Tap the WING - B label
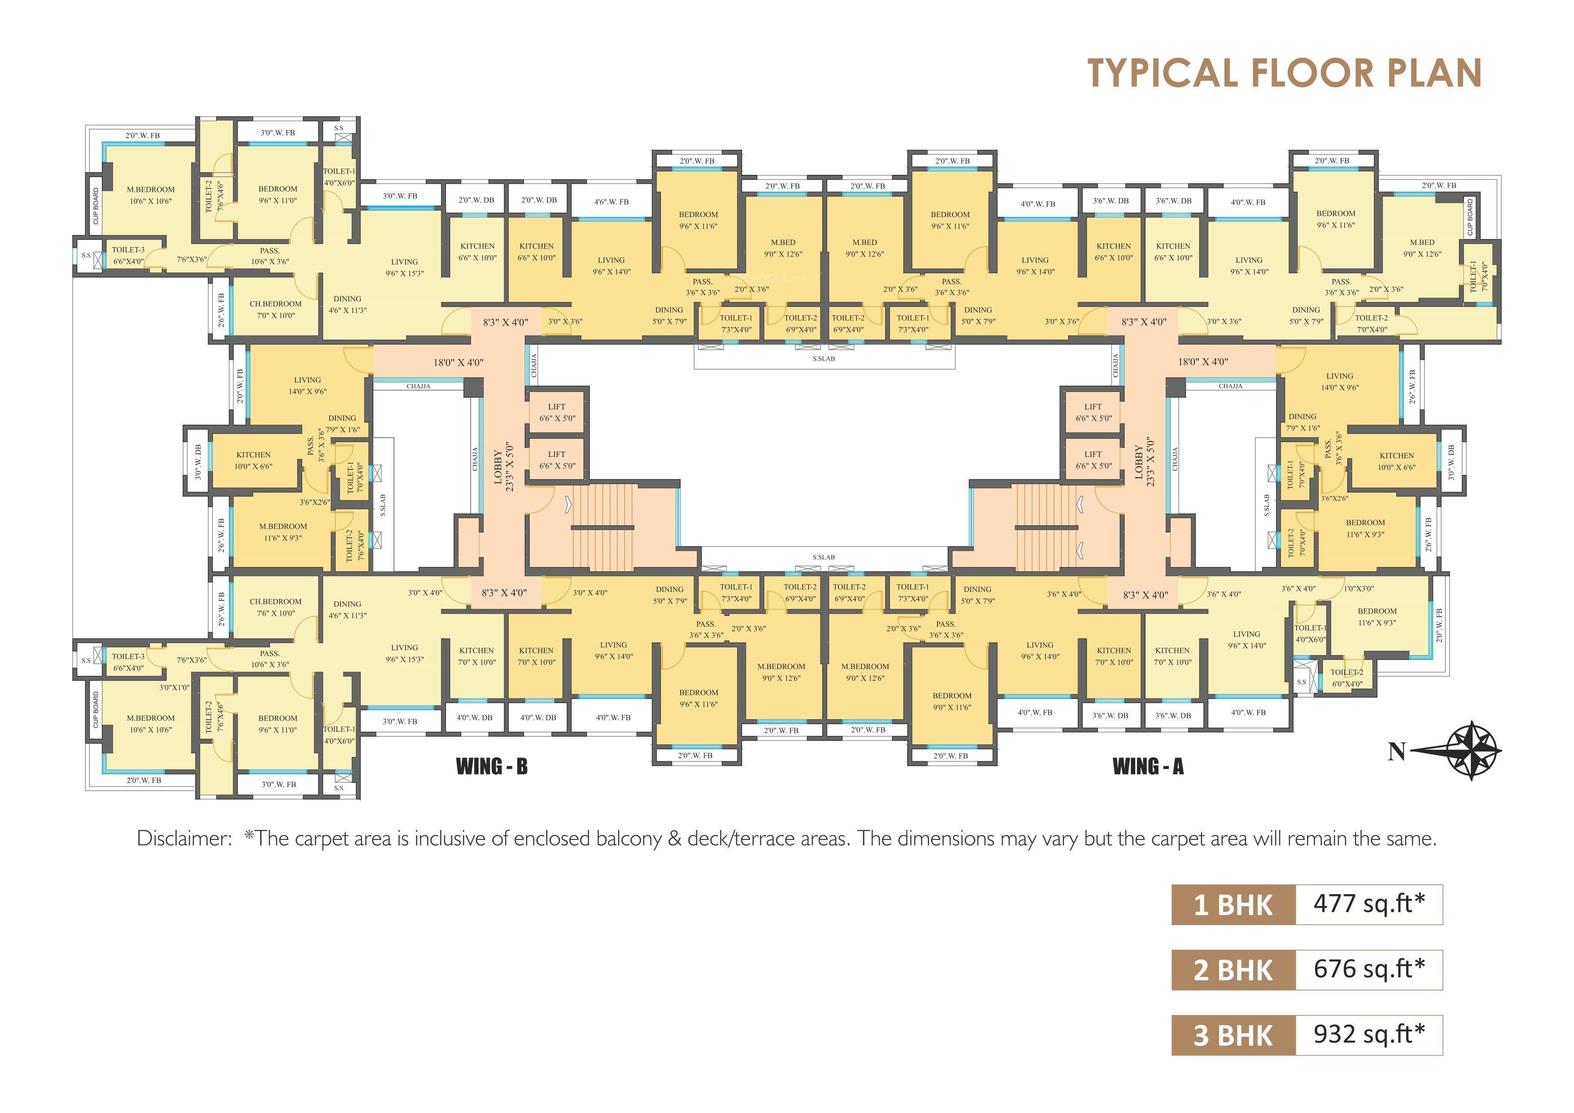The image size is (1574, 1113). click(491, 766)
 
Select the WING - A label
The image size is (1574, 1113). click(1148, 766)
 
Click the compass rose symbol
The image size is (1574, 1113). click(1471, 751)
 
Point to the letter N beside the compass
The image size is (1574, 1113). click(1396, 752)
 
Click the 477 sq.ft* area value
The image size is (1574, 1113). click(1369, 904)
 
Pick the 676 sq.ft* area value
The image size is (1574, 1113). click(1369, 969)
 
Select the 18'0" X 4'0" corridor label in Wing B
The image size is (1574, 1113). click(458, 362)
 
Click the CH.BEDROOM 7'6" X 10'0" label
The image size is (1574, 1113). click(275, 607)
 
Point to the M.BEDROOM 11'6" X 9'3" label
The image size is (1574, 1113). click(283, 532)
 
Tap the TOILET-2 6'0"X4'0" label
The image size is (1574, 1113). click(1347, 678)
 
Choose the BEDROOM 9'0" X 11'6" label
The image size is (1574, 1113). click(952, 701)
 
